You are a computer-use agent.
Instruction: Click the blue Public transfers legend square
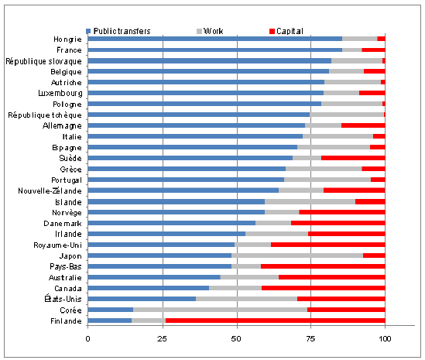coord(88,31)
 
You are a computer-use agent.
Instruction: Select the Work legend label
coord(214,31)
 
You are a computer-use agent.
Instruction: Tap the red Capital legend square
coord(272,31)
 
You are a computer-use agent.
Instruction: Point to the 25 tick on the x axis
coord(163,339)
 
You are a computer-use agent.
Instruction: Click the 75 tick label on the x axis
coord(310,339)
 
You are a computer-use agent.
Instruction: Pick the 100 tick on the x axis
coord(385,339)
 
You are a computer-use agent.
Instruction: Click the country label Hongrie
coord(67,39)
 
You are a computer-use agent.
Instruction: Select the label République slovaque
coord(43,61)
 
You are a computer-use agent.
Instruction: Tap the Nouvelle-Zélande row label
coord(50,191)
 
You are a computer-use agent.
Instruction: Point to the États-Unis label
coord(63,299)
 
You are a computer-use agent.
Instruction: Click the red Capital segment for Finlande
coord(276,321)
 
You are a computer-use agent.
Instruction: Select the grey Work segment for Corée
coord(220,310)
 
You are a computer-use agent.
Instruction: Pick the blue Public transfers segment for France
coord(215,50)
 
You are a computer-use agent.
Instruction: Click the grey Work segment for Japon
coord(297,255)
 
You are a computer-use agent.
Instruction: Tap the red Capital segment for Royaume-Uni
coord(328,245)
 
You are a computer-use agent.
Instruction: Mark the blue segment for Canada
coord(149,288)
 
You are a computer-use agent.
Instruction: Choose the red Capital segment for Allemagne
coord(363,125)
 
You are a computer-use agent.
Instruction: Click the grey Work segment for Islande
coord(310,202)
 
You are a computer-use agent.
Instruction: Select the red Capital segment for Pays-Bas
coord(323,266)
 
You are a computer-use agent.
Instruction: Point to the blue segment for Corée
coord(111,310)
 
